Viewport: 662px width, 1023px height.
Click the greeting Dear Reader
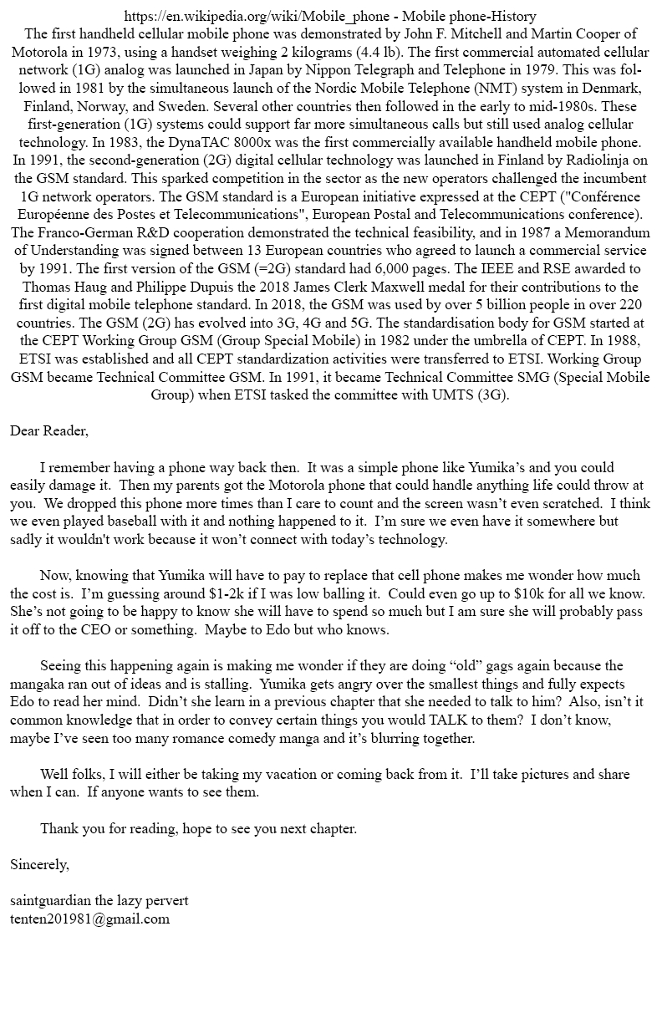pos(49,431)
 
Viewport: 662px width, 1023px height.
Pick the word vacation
pos(313,774)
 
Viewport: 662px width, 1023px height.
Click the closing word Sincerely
pos(39,864)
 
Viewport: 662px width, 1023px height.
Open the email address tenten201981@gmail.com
pos(89,919)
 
